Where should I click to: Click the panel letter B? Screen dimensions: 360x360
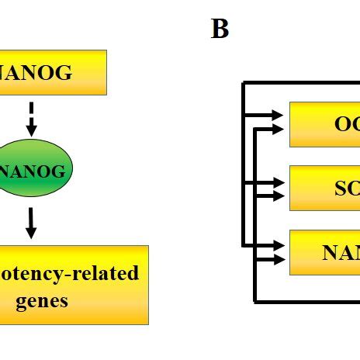click(220, 29)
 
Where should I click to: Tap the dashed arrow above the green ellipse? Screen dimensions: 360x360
click(31, 117)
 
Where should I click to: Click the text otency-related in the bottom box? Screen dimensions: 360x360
click(69, 273)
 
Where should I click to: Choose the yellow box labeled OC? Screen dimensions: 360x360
click(324, 124)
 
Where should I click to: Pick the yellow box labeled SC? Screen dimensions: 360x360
click(324, 188)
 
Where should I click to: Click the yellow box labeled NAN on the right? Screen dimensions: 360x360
click(324, 252)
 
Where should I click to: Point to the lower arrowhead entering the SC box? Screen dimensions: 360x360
click(281, 196)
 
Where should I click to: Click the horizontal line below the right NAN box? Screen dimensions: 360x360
click(306, 300)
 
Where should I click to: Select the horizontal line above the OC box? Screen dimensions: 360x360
click(303, 82)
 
